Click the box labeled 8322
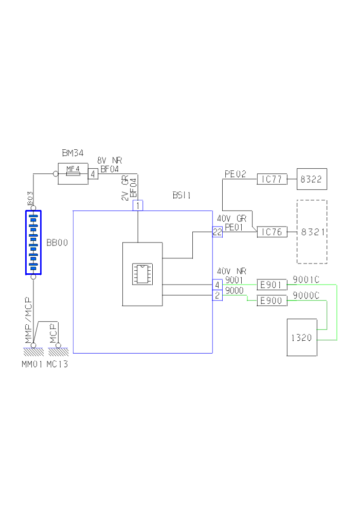coord(312,179)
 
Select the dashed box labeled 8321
coord(312,232)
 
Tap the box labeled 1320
coord(302,337)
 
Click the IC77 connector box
coord(272,179)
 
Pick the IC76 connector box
coord(272,232)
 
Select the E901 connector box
coord(272,284)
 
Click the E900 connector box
coord(272,301)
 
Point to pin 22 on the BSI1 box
coord(217,232)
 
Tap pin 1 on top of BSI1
coord(138,206)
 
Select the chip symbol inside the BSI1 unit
coord(142,274)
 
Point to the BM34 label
coord(73,153)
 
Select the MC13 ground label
coord(57,365)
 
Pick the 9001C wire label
coord(306,279)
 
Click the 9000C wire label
coord(306,295)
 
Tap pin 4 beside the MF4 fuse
coord(93,174)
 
